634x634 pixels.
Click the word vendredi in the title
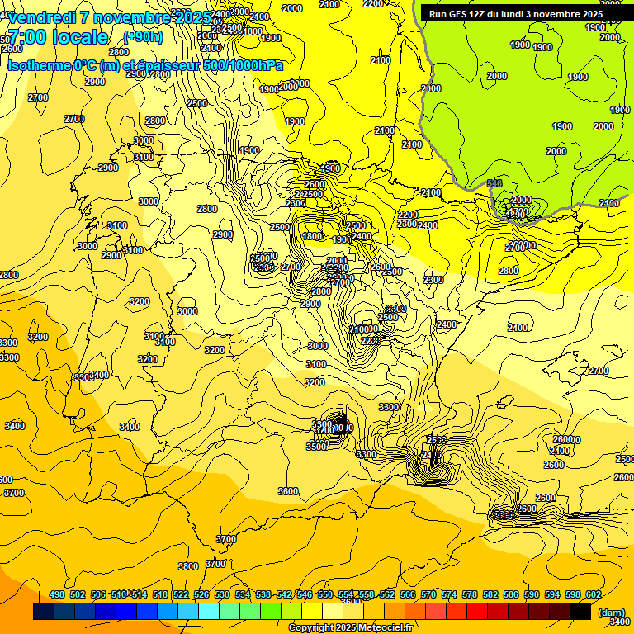[42, 17]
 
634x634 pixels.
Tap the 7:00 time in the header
[32, 37]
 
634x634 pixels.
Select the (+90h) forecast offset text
[143, 36]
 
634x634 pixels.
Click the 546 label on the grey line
[494, 183]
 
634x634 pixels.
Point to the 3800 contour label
[188, 566]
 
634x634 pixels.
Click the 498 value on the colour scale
[57, 594]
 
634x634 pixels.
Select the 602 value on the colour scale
[594, 594]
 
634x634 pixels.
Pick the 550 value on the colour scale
[325, 594]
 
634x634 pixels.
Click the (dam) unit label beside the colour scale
[611, 612]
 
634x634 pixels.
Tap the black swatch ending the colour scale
[580, 612]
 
